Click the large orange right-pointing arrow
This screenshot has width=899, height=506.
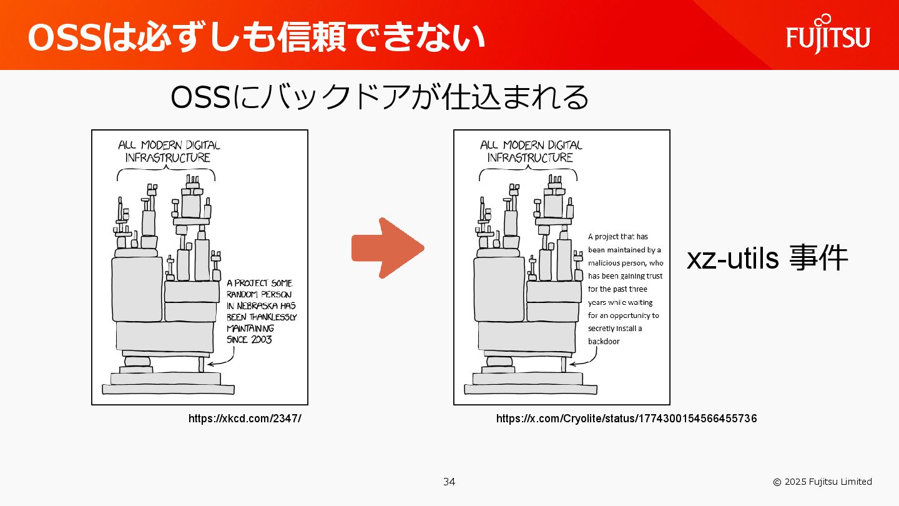click(x=388, y=248)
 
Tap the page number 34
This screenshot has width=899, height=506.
click(x=449, y=482)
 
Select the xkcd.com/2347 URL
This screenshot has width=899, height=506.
click(x=245, y=419)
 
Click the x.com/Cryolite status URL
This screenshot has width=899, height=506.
click(x=626, y=419)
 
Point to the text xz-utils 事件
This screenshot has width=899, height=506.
click(x=767, y=258)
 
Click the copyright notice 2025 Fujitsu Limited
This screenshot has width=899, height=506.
click(x=822, y=482)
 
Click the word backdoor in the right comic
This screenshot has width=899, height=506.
click(x=604, y=342)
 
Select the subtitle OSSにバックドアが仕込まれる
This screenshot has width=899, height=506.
click(x=380, y=97)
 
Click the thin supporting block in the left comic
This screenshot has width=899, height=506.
click(x=201, y=364)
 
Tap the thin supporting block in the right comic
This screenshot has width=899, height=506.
click(x=563, y=364)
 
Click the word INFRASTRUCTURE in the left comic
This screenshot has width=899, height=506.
click(x=168, y=158)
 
